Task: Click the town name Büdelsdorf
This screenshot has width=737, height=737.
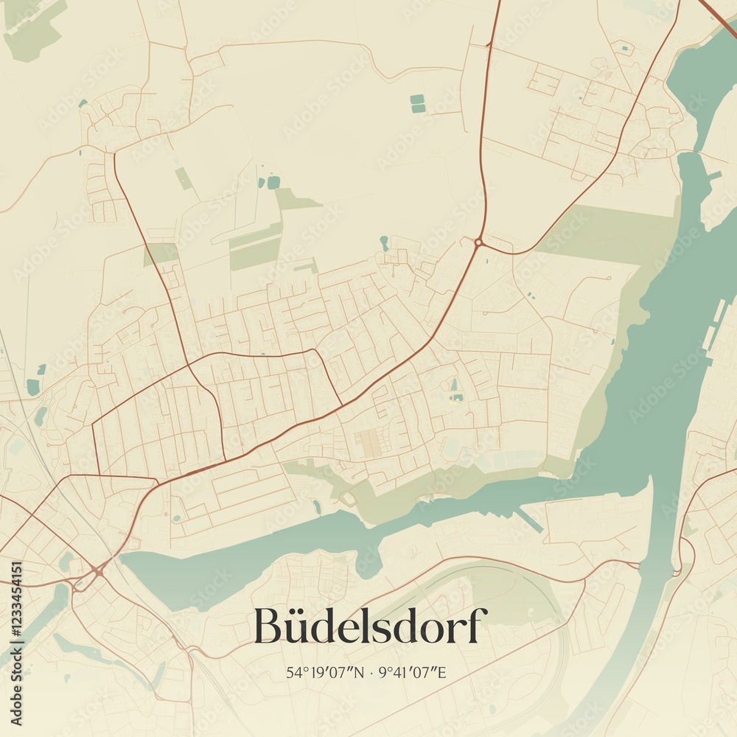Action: coord(370,626)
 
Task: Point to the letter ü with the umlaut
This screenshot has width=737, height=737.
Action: coord(296,629)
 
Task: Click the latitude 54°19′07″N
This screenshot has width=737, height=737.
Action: coord(326,672)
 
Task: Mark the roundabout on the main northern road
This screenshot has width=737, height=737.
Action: coord(478,242)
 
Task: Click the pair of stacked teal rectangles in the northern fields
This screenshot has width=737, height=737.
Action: coord(418,104)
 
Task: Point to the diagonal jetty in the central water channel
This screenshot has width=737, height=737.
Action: coord(529,519)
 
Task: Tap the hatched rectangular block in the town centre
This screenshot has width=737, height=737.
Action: coord(368,442)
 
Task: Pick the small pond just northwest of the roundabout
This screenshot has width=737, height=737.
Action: coord(384,241)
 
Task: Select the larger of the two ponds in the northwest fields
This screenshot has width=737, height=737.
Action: coord(273,182)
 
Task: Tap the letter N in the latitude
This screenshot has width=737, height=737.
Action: coord(360,672)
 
